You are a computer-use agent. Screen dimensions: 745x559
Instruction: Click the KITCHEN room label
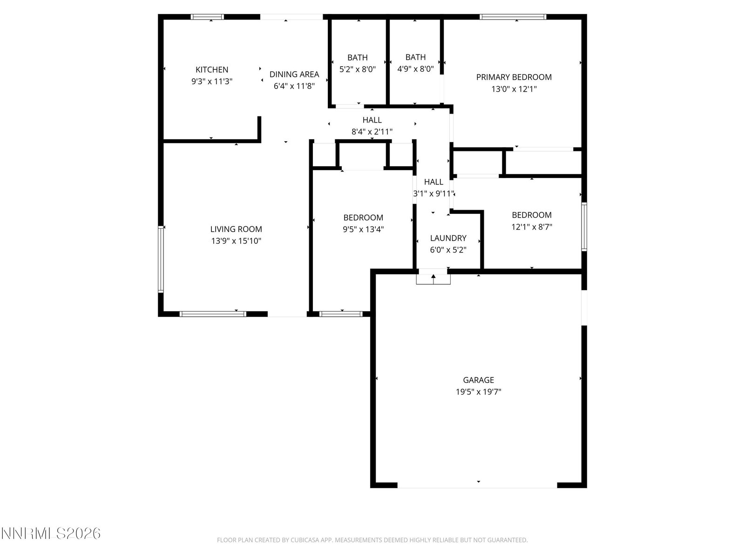point(212,69)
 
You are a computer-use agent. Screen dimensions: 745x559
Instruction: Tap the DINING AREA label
point(294,75)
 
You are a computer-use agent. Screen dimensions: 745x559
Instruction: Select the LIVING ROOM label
point(236,229)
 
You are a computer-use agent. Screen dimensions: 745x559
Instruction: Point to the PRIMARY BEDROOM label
point(514,77)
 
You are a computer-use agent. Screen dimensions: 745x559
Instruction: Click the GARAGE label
point(479,380)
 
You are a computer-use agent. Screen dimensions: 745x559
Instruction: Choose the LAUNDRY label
point(448,238)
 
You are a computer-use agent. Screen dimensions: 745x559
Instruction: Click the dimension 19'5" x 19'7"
point(479,392)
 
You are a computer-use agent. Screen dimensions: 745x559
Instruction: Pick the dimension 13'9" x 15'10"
point(236,241)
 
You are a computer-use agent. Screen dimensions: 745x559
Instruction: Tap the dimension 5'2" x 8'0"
point(358,69)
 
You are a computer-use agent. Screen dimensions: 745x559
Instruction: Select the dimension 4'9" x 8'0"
point(415,69)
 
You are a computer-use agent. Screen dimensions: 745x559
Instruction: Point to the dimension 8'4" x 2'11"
point(372,132)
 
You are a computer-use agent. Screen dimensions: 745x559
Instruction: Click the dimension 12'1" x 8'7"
point(532,227)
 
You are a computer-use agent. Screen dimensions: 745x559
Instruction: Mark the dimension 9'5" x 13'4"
point(363,230)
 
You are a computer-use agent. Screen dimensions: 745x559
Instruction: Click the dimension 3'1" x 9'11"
point(433,194)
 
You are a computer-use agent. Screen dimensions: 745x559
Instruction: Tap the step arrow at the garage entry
point(433,279)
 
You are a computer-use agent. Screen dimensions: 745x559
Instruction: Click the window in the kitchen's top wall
point(207,17)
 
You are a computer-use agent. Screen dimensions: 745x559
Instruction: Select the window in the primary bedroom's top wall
point(513,17)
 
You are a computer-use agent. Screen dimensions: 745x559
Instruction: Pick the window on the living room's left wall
point(161,259)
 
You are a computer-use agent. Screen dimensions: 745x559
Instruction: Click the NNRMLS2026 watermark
point(51,533)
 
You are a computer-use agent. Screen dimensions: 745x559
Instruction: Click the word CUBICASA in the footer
point(304,540)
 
